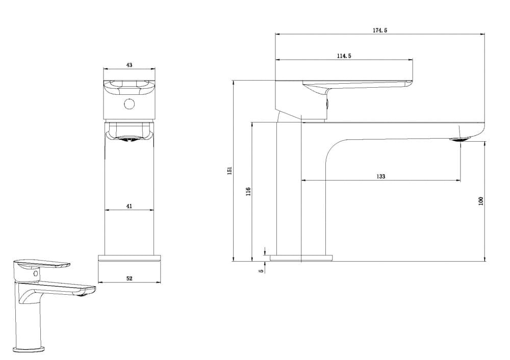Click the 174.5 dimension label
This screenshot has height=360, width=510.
click(x=379, y=30)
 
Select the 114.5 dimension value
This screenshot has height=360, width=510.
click(x=344, y=56)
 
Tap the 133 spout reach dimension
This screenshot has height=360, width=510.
click(x=380, y=176)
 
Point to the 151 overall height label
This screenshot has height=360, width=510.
click(x=229, y=171)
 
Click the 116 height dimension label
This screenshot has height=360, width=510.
click(x=248, y=192)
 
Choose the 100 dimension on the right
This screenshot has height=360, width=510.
click(x=481, y=201)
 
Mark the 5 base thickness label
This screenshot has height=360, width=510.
click(x=261, y=271)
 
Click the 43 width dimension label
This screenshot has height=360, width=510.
click(x=129, y=65)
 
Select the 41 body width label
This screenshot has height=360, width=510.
click(x=129, y=206)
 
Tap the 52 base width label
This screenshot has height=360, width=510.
click(x=129, y=278)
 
